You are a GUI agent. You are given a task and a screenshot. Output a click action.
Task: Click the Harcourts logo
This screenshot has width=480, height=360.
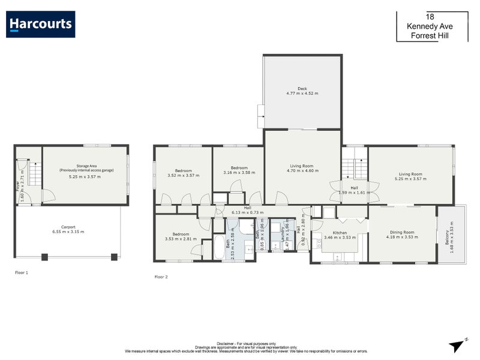[41, 25]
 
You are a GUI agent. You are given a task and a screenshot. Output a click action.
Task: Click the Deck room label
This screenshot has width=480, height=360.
[302, 89]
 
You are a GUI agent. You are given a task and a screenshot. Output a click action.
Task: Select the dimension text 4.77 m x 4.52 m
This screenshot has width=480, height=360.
[302, 94]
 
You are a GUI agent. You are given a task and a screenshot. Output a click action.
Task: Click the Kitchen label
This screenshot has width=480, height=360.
[340, 232]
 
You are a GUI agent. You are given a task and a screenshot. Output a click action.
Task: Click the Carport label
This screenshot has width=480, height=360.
[68, 226]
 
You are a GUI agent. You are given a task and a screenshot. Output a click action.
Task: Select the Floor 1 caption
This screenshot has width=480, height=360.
[22, 272]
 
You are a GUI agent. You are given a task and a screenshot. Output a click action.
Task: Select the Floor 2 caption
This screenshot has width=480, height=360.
[161, 277]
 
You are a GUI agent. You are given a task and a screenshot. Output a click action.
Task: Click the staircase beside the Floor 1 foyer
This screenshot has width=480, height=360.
[35, 174]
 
